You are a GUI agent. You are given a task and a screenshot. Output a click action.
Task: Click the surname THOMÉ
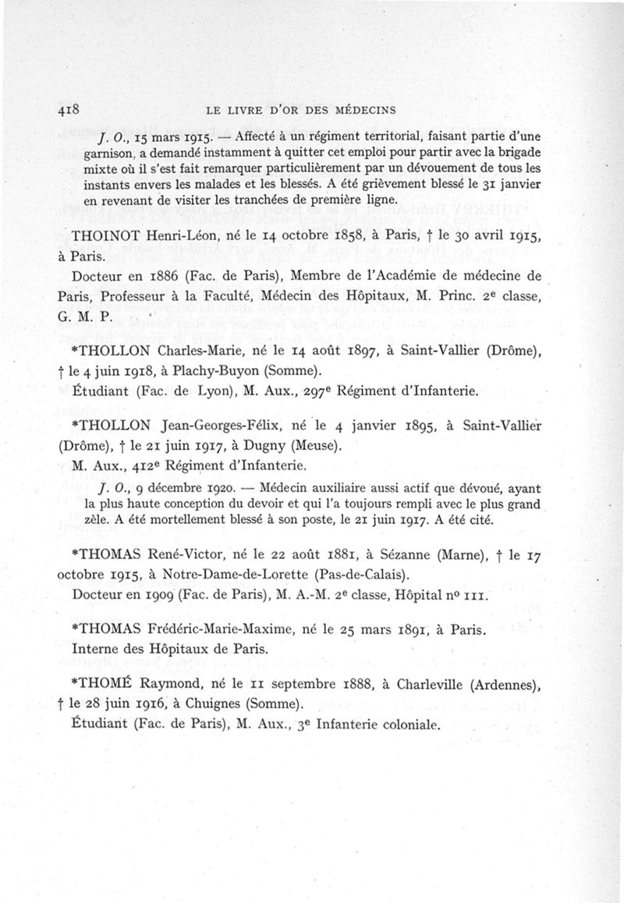click(x=108, y=684)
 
